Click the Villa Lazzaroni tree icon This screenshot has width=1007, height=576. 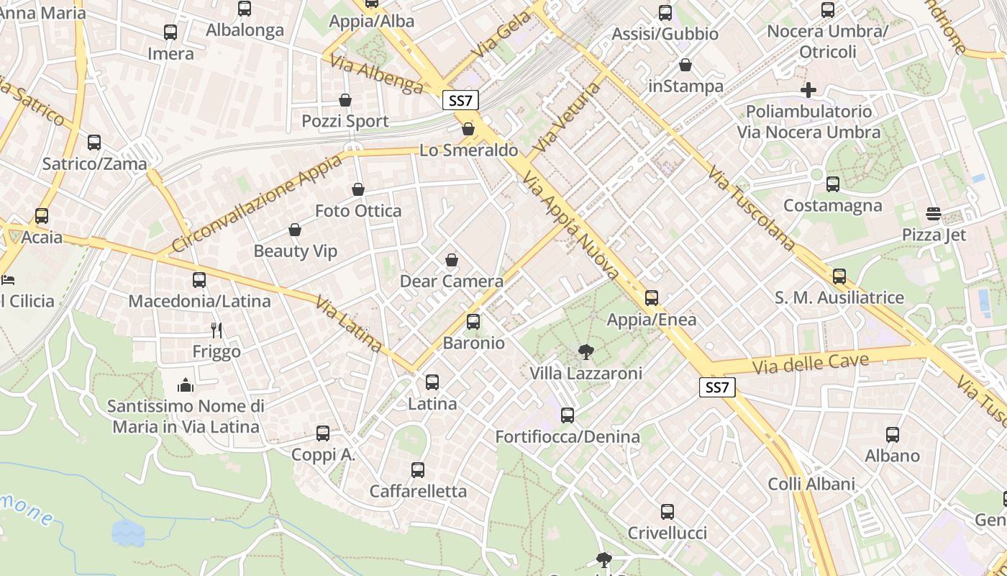point(586,352)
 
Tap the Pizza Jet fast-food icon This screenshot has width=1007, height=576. point(934,214)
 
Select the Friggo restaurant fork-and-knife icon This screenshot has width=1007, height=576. point(217,330)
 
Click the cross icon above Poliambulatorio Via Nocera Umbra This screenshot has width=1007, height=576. point(808,90)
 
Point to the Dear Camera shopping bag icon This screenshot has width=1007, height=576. point(452,260)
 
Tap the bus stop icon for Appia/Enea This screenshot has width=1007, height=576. point(652,297)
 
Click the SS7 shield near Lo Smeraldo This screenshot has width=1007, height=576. point(460,100)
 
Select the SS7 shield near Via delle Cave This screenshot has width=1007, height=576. point(717,387)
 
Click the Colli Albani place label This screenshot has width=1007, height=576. point(811,484)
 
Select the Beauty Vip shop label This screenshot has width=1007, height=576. point(295,251)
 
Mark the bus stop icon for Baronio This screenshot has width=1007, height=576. point(473,322)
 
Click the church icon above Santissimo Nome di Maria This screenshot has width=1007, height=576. point(186,385)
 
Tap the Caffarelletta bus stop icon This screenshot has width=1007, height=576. point(418,470)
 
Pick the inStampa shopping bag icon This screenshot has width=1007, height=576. point(685,66)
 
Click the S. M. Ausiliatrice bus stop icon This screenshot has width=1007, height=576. point(839,276)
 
